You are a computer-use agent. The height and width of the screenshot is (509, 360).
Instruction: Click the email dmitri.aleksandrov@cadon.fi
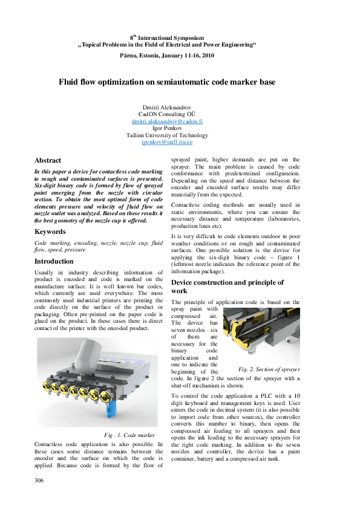(x=167, y=122)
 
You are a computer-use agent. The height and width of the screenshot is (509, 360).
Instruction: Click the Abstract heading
(x=48, y=160)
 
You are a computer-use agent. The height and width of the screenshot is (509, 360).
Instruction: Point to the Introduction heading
(x=54, y=261)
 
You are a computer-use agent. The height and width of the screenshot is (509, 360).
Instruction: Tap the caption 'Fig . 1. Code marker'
(x=129, y=435)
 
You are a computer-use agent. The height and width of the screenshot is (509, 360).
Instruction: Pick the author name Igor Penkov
(x=167, y=128)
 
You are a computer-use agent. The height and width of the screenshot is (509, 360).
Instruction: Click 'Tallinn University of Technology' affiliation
(x=167, y=135)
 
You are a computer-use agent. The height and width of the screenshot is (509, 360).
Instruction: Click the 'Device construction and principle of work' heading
(x=227, y=286)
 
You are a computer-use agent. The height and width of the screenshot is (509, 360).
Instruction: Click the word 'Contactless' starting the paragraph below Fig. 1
(x=51, y=443)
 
